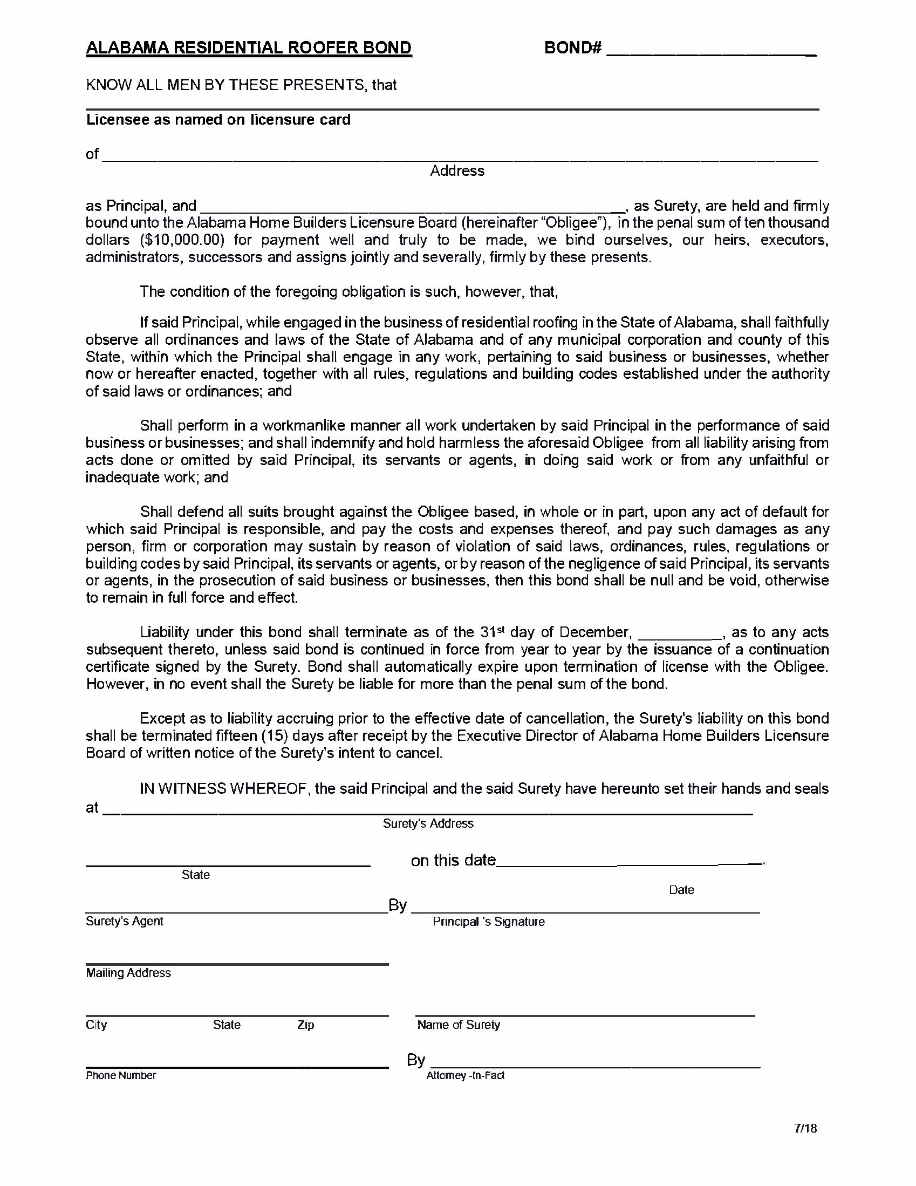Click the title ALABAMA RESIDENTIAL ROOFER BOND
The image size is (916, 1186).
pos(249,49)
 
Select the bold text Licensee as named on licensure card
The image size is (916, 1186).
pos(218,119)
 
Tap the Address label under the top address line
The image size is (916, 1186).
pos(457,171)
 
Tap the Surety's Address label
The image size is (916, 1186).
pos(428,823)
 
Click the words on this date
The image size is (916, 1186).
pos(453,860)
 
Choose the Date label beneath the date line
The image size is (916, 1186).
pos(681,889)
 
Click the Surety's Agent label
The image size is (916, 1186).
pos(124,921)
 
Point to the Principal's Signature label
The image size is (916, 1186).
pos(488,922)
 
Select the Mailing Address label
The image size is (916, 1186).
pos(128,972)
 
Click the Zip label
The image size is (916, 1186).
pos(306,1025)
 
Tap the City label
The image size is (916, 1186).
pos(96,1025)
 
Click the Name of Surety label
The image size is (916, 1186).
pos(459,1025)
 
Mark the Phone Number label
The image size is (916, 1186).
pos(120,1075)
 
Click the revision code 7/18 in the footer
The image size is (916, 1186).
pos(805,1128)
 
